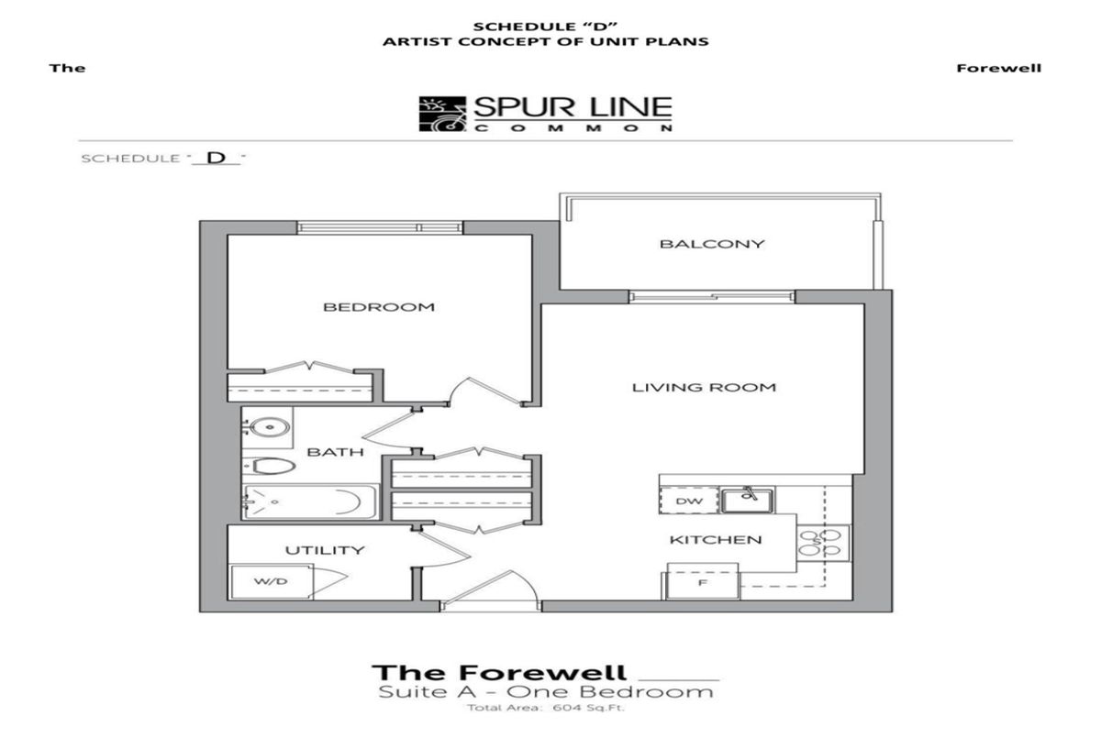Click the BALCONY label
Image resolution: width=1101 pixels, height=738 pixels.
click(x=712, y=244)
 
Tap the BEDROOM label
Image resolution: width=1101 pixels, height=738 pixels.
click(x=379, y=307)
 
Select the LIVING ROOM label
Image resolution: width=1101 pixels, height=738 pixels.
click(x=704, y=388)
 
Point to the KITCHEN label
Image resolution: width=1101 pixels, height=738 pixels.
click(x=716, y=540)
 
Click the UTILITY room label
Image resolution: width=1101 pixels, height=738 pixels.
click(x=325, y=550)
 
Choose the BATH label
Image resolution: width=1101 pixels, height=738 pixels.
click(x=335, y=452)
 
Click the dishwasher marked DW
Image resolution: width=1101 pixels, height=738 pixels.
click(x=689, y=501)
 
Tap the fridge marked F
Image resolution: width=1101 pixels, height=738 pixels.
click(x=703, y=582)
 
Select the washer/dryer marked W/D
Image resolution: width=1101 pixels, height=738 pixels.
click(x=272, y=582)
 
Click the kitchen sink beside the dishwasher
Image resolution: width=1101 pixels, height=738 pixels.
click(x=747, y=501)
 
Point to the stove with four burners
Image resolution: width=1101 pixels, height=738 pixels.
click(x=823, y=543)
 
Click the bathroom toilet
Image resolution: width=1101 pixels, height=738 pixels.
click(x=269, y=466)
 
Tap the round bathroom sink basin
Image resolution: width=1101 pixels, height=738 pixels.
click(x=267, y=427)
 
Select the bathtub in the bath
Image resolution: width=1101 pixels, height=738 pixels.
click(x=310, y=501)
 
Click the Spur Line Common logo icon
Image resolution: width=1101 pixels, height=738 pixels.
click(x=442, y=114)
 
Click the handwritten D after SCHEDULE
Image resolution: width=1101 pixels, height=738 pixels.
click(x=217, y=158)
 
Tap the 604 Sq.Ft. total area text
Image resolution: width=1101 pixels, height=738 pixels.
click(x=588, y=708)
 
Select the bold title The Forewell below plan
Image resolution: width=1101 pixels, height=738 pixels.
click(x=499, y=673)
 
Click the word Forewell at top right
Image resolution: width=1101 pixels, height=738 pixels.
click(x=999, y=68)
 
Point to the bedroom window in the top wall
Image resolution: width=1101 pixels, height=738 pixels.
click(x=380, y=228)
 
